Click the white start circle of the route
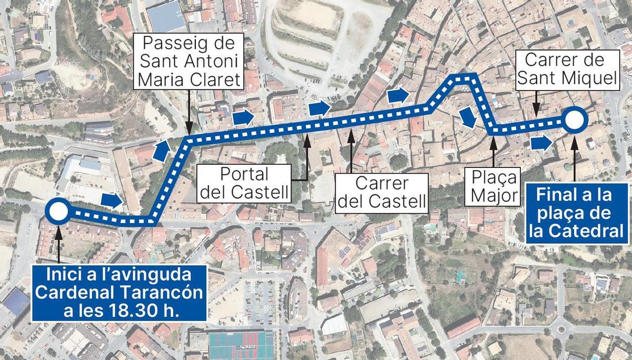pyautogui.click(x=57, y=212)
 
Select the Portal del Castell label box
pyautogui.click(x=244, y=183)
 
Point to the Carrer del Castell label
pyautogui.click(x=381, y=192)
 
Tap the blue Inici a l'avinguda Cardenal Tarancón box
pyautogui.click(x=118, y=292)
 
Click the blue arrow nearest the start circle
pyautogui.click(x=111, y=200)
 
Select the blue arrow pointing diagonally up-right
pyautogui.click(x=162, y=151)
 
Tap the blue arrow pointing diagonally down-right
pyautogui.click(x=467, y=118)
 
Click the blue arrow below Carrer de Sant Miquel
pyautogui.click(x=541, y=142)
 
